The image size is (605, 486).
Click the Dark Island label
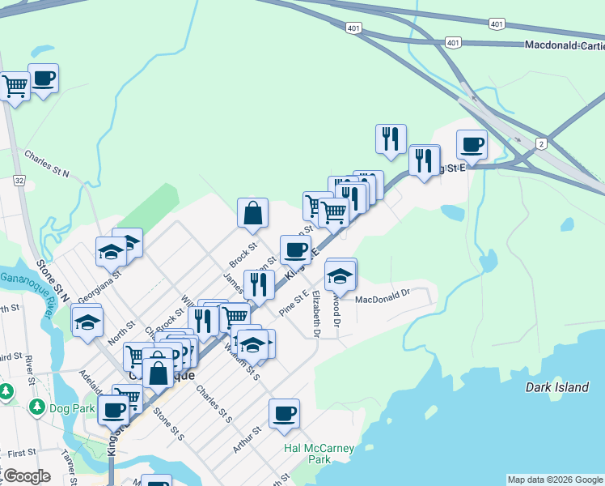click(557, 387)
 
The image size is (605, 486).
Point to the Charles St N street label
click(47, 164)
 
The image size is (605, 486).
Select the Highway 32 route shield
click(19, 181)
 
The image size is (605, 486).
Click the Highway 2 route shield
click(539, 143)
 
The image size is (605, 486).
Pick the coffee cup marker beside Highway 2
click(472, 144)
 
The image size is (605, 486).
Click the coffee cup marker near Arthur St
click(284, 413)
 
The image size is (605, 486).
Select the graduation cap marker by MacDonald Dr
click(341, 275)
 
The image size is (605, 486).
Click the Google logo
click(26, 476)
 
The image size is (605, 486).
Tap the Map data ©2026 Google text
click(555, 480)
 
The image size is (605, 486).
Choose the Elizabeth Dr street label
click(316, 314)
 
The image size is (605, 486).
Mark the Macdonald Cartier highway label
click(564, 45)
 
